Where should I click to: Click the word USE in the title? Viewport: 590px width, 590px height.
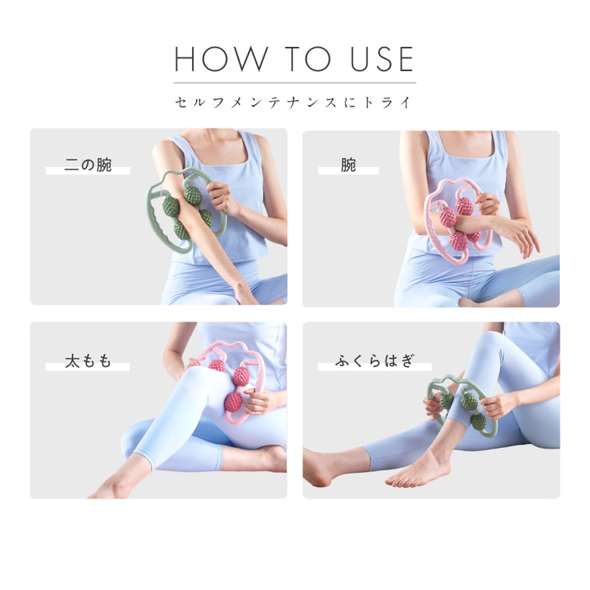381,59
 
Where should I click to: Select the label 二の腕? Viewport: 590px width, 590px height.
88,165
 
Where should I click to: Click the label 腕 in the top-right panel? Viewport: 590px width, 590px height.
348,165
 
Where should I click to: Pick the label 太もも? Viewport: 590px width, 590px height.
88,361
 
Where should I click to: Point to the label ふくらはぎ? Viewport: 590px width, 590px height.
374,361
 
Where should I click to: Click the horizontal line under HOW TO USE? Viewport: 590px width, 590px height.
295,83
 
